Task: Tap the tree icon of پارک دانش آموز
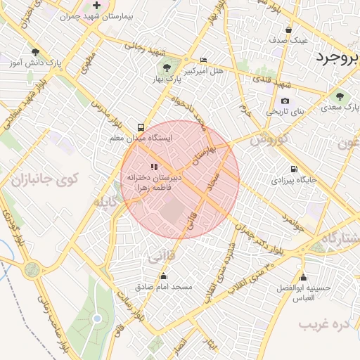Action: pos(35,52)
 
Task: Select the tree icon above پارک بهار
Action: pos(166,68)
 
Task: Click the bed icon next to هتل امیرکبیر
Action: pos(204,60)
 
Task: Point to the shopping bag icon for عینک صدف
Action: pos(289,30)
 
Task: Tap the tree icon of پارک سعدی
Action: pos(340,96)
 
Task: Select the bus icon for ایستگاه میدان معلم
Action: pos(141,128)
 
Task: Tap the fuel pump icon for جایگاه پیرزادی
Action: pos(293,169)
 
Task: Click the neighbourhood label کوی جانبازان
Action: pos(45,179)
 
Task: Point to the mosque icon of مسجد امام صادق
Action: pos(163,276)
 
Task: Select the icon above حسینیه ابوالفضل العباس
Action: pos(303,277)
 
